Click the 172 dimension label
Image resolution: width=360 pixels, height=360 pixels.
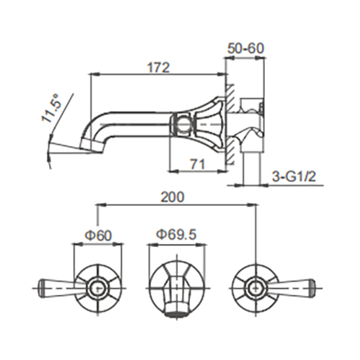158,68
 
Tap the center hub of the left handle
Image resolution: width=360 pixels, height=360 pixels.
96,289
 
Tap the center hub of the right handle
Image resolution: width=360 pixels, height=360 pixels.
254,289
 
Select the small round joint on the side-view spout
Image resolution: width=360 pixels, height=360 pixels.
184,123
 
